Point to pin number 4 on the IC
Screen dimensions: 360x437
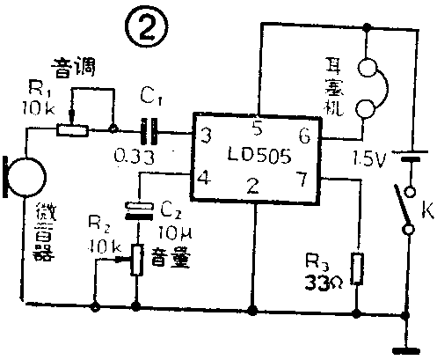tap(205, 180)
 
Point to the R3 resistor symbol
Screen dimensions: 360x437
tap(356, 268)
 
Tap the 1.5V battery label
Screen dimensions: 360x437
tap(368, 159)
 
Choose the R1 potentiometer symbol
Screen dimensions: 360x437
tap(71, 129)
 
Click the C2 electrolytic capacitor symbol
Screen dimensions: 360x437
tap(138, 209)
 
